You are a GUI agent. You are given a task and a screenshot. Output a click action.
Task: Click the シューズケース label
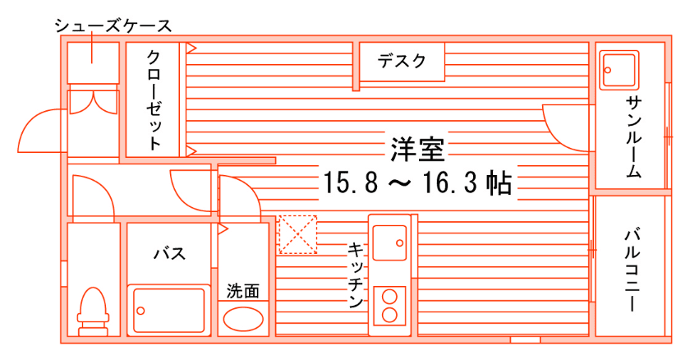click(113, 25)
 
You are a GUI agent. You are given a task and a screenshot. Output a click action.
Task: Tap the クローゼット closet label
click(154, 99)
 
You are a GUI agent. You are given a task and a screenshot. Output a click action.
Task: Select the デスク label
click(402, 61)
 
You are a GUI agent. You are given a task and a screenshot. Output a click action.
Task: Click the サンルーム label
click(633, 136)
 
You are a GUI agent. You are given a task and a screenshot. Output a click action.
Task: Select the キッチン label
click(356, 275)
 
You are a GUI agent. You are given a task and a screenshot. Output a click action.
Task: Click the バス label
click(169, 253)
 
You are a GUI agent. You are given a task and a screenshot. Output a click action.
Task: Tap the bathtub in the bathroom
click(170, 309)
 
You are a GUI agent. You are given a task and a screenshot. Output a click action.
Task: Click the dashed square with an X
click(297, 234)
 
